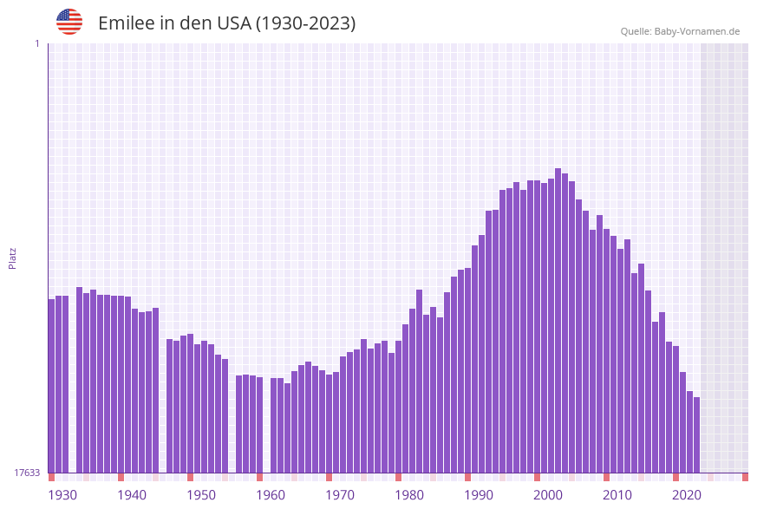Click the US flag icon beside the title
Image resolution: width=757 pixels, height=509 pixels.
pyautogui.click(x=69, y=22)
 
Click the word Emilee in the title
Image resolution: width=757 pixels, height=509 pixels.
pyautogui.click(x=126, y=23)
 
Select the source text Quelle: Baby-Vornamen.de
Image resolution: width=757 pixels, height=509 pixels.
pyautogui.click(x=680, y=31)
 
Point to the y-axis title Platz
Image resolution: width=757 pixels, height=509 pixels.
pyautogui.click(x=13, y=258)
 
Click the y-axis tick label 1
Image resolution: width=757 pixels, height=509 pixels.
pyautogui.click(x=36, y=43)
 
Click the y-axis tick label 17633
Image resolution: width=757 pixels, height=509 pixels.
pyautogui.click(x=27, y=473)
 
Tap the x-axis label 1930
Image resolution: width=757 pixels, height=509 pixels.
pyautogui.click(x=62, y=495)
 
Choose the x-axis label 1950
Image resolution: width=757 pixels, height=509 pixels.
pyautogui.click(x=201, y=495)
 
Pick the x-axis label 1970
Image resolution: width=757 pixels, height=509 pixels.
pyautogui.click(x=340, y=495)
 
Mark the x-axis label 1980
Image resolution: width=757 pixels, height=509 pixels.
pyautogui.click(x=409, y=495)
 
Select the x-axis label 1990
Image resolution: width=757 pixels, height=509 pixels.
pyautogui.click(x=479, y=495)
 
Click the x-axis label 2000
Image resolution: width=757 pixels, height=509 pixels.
pyautogui.click(x=548, y=495)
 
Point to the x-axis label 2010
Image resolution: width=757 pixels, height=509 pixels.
pyautogui.click(x=617, y=495)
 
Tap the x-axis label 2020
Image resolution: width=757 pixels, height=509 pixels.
pyautogui.click(x=687, y=495)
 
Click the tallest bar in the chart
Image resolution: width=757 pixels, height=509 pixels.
pyautogui.click(x=558, y=321)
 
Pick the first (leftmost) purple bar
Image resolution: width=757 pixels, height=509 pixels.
pyautogui.click(x=51, y=386)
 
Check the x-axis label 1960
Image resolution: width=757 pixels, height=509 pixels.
pyautogui.click(x=271, y=495)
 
